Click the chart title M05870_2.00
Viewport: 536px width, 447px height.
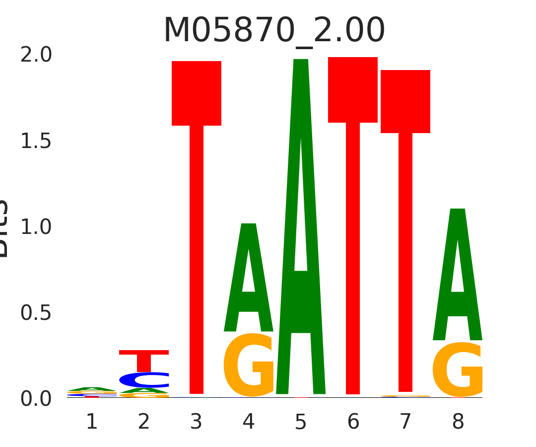274,31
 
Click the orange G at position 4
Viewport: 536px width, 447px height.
249,366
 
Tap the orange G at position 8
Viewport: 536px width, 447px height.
458,370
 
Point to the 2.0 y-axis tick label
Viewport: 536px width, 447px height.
36,55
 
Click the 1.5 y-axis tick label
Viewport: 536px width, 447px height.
36,142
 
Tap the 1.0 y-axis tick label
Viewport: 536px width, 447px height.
36,227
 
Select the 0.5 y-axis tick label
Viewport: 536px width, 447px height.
36,313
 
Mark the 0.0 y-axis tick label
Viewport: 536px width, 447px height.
36,399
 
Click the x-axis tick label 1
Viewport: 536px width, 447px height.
92,422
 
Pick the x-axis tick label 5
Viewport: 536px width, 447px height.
301,422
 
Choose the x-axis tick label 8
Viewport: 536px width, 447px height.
458,422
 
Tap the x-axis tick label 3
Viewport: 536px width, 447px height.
197,422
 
